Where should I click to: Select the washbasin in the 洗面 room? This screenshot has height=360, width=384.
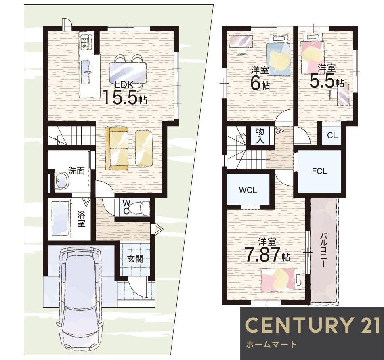point(62,181)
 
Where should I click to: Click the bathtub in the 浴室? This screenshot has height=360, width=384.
point(61,218)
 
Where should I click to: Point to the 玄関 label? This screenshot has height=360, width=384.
point(135,259)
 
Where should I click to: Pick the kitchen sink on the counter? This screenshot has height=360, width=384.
point(87,72)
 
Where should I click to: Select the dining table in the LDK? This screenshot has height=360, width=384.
point(128,73)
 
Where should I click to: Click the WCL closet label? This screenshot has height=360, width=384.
point(248,190)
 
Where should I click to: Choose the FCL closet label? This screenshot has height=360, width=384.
point(319,171)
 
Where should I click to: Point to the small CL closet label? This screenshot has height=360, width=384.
point(332,135)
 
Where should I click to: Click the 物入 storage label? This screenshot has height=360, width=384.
point(260,135)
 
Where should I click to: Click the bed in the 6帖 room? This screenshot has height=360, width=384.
point(278,55)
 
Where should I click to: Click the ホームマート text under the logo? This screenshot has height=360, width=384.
point(271,345)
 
